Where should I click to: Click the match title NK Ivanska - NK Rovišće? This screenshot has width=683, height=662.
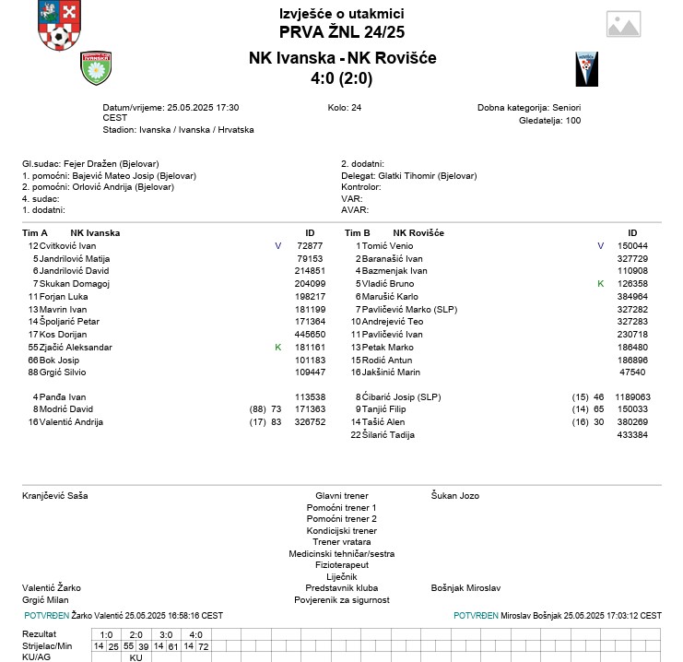coord(342,58)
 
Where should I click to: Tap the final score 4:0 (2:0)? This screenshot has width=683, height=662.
coord(342,79)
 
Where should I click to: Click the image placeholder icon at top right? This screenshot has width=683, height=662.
coord(623,25)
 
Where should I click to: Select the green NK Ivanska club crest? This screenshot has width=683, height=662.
coord(96,67)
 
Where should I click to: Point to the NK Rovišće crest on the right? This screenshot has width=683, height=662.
coord(586,68)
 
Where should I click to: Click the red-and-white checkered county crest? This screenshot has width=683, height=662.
coord(59,26)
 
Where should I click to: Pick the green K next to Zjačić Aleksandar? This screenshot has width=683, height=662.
coord(277,347)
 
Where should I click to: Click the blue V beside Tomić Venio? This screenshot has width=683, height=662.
coord(600,246)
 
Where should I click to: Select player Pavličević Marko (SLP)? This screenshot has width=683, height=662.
coord(409,309)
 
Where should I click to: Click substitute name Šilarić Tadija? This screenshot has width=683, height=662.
coord(389,434)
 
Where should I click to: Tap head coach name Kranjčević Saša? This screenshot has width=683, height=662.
coord(55,496)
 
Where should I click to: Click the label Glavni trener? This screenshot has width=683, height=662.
coord(341,496)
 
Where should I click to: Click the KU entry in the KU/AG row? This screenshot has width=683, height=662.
coord(135,657)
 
